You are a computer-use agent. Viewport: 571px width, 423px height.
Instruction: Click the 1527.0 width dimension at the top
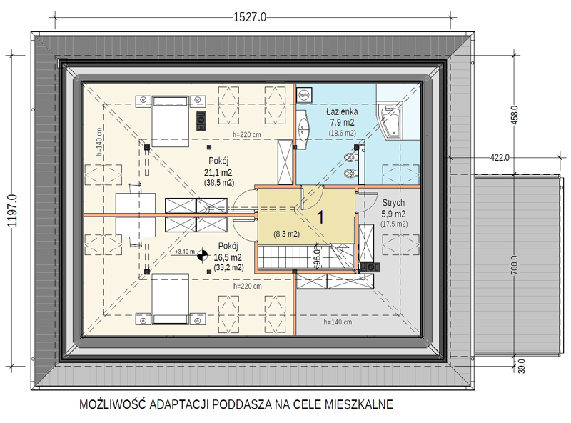(250, 17)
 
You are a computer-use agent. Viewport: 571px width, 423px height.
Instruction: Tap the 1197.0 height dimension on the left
(12, 210)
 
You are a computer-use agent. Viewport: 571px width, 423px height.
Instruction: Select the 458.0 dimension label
(515, 115)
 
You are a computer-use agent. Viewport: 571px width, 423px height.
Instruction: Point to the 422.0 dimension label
(500, 157)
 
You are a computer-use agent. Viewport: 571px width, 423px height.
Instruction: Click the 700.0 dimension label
(515, 265)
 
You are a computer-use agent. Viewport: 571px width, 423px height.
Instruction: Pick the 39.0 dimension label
(522, 366)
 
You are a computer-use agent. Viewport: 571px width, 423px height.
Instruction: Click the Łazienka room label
(342, 111)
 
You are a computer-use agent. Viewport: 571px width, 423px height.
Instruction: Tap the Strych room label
(393, 203)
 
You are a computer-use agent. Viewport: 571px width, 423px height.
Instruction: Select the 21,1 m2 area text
(219, 172)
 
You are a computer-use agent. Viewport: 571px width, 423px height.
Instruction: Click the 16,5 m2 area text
(228, 257)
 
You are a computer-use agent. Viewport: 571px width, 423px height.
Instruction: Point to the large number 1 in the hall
(320, 217)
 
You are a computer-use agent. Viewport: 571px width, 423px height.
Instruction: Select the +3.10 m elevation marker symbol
(203, 255)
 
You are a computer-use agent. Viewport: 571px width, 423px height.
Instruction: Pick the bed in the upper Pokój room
(170, 121)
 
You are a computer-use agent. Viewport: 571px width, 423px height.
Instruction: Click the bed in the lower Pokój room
(170, 299)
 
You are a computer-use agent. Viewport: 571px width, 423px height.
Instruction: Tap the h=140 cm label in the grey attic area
(338, 322)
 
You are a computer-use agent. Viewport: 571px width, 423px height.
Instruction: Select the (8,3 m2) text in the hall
(287, 234)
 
